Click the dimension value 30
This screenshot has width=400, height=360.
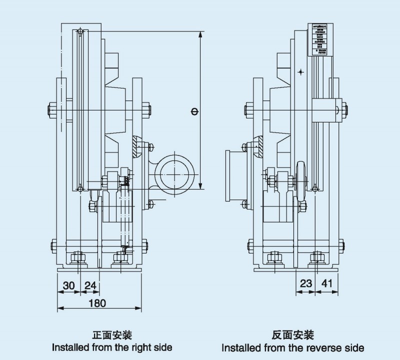68,285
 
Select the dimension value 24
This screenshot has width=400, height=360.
90,285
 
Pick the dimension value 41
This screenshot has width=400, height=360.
326,283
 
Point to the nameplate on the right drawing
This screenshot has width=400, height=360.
319,39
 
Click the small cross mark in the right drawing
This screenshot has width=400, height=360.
300,72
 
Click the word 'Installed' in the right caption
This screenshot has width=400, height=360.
239,347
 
